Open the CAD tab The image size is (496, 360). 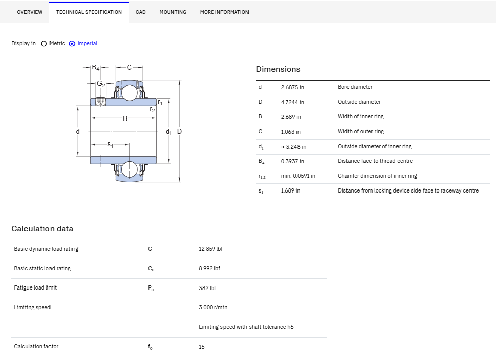pos(141,12)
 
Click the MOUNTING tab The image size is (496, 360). pos(172,12)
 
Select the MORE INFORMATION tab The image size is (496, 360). pos(225,12)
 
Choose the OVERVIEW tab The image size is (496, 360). pos(30,12)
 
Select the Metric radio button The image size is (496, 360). pos(44,44)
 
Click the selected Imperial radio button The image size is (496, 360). pos(72,44)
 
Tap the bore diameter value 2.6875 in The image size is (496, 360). pos(292,87)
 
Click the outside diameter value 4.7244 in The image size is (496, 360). pos(292,102)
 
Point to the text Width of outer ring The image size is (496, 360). pos(361,131)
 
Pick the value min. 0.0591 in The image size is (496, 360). pos(298,176)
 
